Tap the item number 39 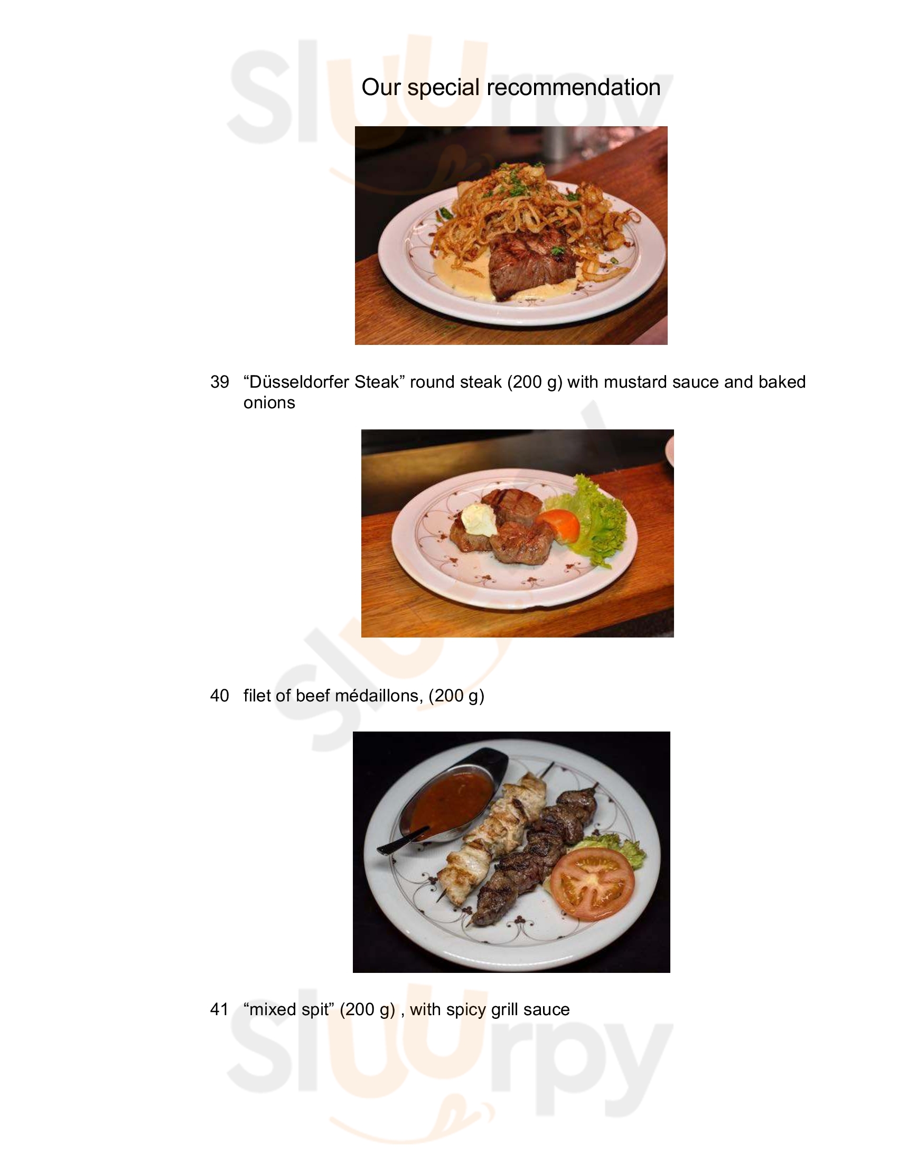(x=220, y=382)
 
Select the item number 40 (x=220, y=696)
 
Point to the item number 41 (x=220, y=1009)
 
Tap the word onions (x=269, y=403)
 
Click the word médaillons (x=386, y=696)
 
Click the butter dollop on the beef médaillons (x=479, y=520)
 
